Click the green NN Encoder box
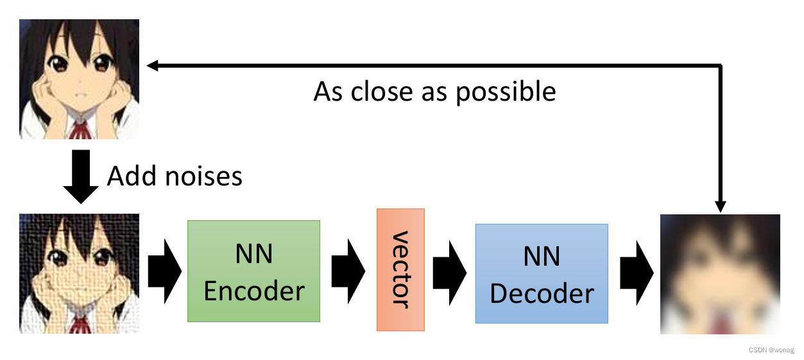[253, 271]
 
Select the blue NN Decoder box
[541, 273]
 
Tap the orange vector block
[400, 270]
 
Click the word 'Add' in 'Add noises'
[130, 176]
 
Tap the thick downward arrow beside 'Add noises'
[80, 176]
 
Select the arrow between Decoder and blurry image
[636, 273]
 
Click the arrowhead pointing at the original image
[152, 65]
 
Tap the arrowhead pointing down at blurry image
[721, 206]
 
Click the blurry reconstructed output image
[720, 274]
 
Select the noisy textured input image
[79, 273]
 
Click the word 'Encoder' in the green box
[254, 290]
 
